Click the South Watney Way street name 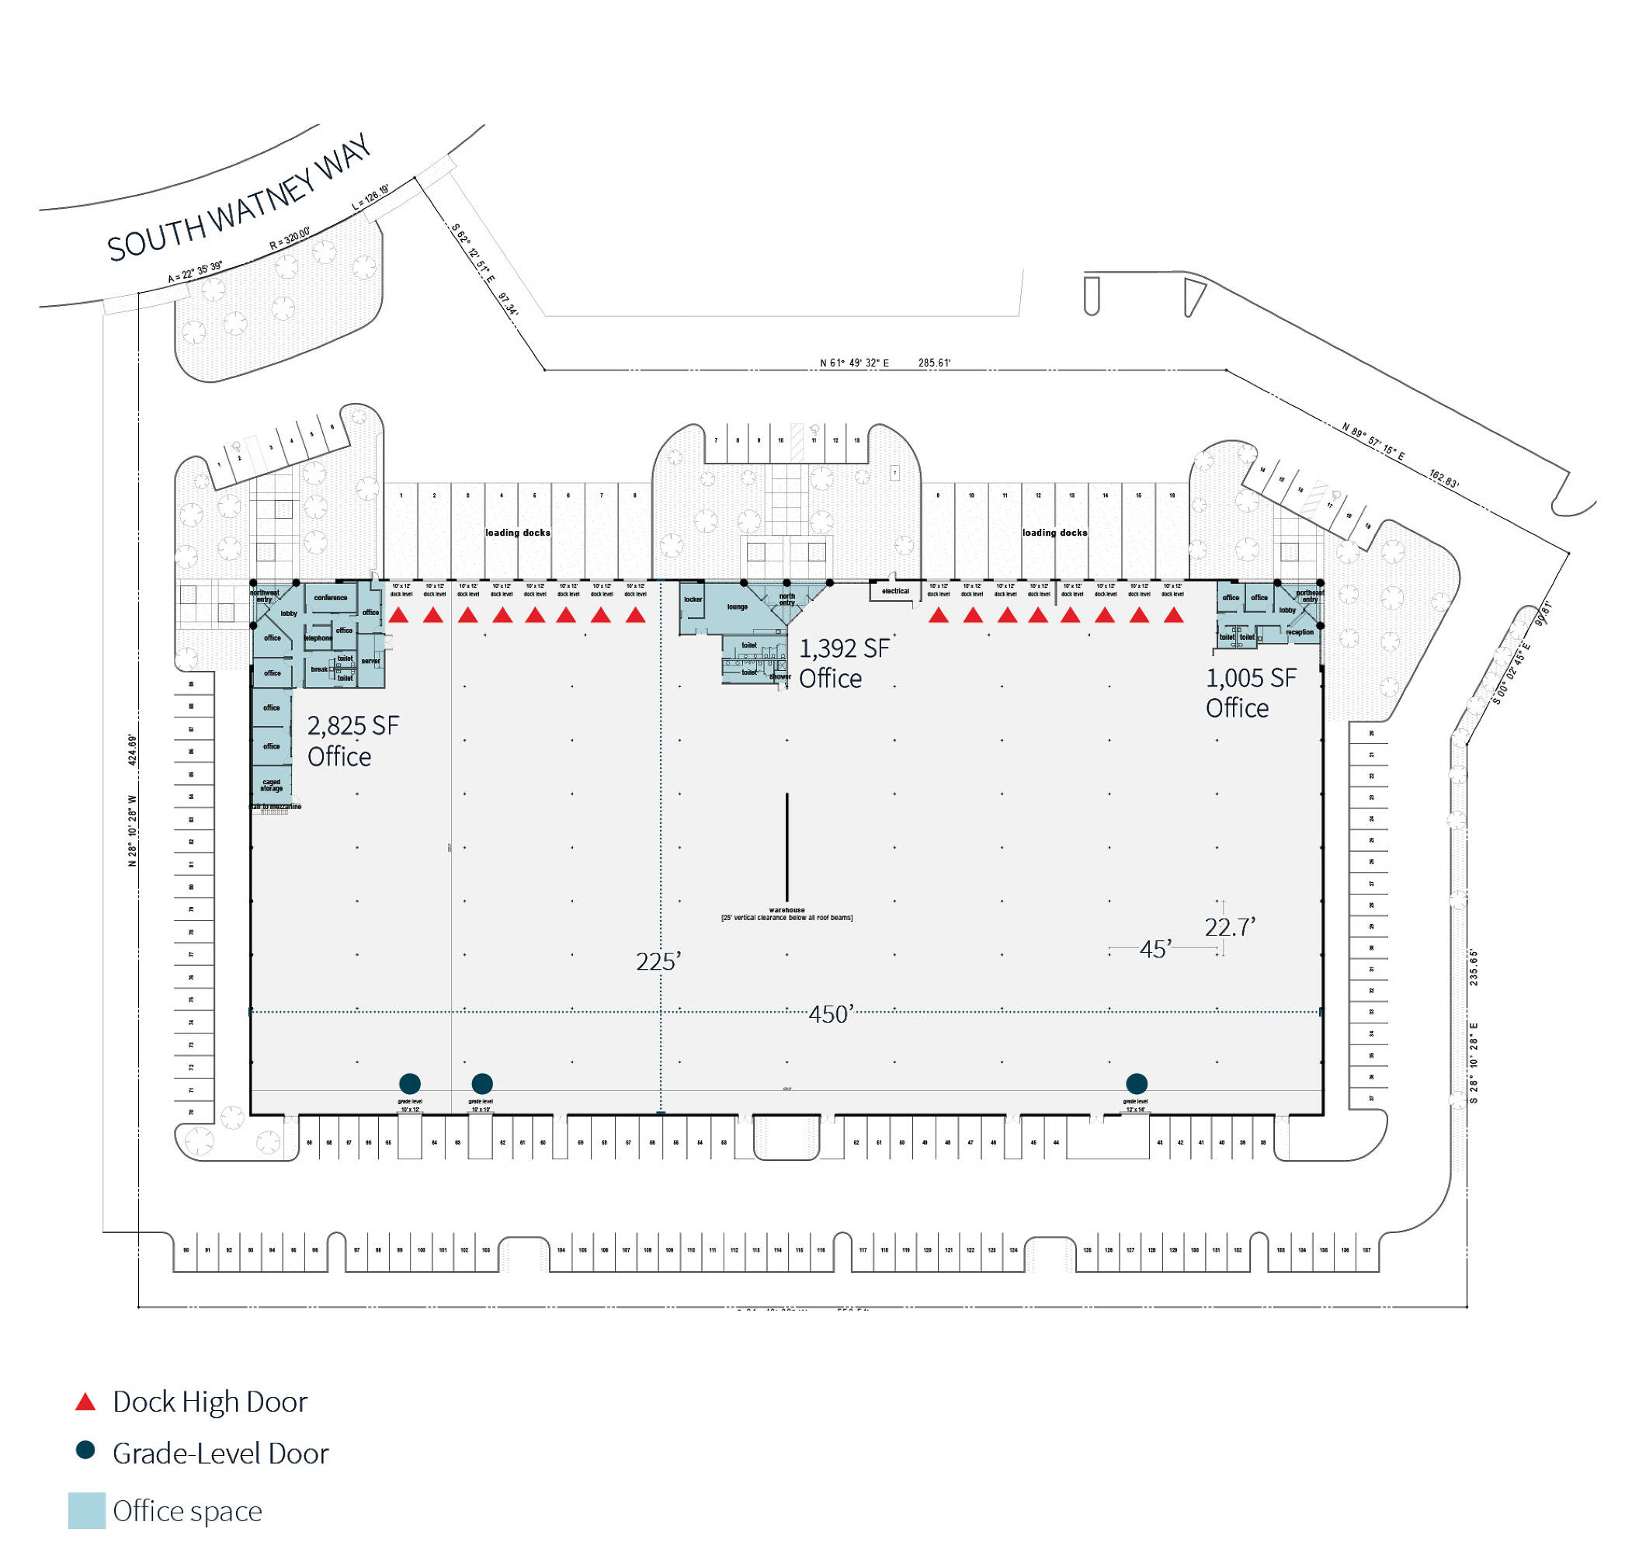coord(238,200)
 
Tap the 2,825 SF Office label coord(352,740)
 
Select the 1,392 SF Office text coord(842,662)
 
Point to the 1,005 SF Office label coord(1250,692)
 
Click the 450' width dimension coord(829,1013)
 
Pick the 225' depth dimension coord(658,961)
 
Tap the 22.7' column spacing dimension coord(1229,926)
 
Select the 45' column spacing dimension coord(1155,949)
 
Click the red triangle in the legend coord(85,1402)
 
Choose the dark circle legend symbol coord(85,1450)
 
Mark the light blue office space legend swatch coord(86,1510)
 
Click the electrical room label coord(895,591)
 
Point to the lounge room coord(737,606)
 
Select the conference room coord(330,598)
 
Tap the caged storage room coord(272,785)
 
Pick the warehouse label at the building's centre coord(786,911)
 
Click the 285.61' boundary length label coord(934,363)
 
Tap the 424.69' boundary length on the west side coord(133,749)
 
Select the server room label coord(370,661)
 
